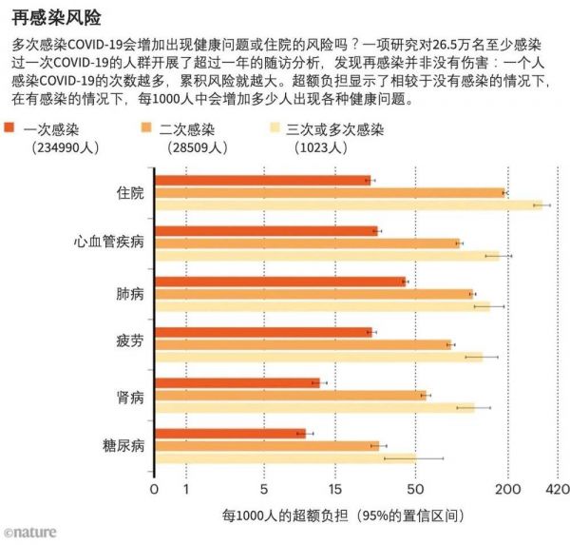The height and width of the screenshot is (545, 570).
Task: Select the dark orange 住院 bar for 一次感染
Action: click(x=262, y=181)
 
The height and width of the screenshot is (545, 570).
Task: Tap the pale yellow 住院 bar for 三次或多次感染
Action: click(x=348, y=204)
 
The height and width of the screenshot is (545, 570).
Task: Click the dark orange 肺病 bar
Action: click(x=279, y=282)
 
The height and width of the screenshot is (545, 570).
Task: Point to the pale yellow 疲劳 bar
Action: click(x=318, y=357)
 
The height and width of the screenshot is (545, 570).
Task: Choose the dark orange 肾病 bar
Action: click(x=237, y=383)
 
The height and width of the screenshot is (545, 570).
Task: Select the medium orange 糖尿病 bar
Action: click(x=266, y=445)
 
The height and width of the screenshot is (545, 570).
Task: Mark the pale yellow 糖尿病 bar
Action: click(x=284, y=457)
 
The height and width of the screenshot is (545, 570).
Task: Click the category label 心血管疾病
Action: click(x=109, y=243)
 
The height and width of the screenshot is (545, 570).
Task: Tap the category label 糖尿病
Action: click(x=123, y=445)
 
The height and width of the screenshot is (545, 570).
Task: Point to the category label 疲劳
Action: click(x=130, y=344)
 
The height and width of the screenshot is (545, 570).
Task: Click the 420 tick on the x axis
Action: click(x=557, y=490)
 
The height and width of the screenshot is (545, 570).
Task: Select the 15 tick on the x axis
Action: click(x=334, y=490)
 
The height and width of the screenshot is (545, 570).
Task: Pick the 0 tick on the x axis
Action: click(x=155, y=490)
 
